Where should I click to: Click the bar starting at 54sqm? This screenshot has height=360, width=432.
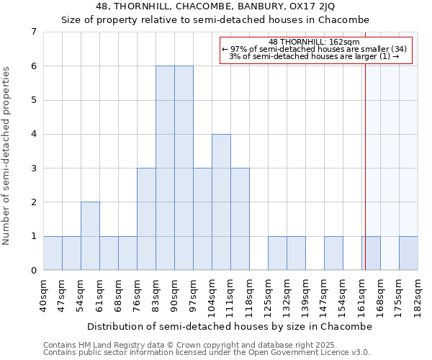(x=90, y=236)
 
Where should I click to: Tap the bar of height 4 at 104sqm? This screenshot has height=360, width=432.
(x=221, y=202)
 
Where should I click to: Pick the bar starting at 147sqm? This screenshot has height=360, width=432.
(x=333, y=253)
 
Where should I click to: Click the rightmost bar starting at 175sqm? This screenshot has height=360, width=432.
(x=408, y=253)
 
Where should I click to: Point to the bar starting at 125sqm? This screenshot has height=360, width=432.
(x=277, y=253)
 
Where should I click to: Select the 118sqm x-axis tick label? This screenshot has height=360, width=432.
(x=249, y=296)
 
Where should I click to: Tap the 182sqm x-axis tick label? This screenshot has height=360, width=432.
(x=418, y=296)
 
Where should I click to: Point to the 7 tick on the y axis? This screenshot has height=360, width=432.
(x=33, y=32)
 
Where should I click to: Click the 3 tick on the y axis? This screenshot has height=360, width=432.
(x=33, y=168)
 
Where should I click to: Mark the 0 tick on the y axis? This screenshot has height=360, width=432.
(x=33, y=271)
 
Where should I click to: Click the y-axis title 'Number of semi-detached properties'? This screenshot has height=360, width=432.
(x=7, y=156)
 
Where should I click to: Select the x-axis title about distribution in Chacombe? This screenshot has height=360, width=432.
(x=230, y=326)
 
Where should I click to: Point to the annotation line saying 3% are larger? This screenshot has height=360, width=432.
(x=314, y=56)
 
